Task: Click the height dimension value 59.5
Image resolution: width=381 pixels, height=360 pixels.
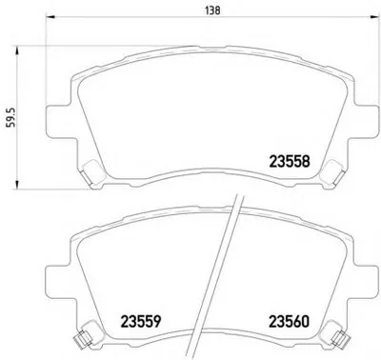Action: click(11, 117)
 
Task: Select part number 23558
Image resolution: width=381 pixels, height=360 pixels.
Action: click(290, 162)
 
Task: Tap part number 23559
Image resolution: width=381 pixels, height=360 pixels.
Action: click(141, 322)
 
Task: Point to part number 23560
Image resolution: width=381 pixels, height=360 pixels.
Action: click(289, 322)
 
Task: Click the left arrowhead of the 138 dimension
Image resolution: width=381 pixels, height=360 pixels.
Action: click(50, 17)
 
